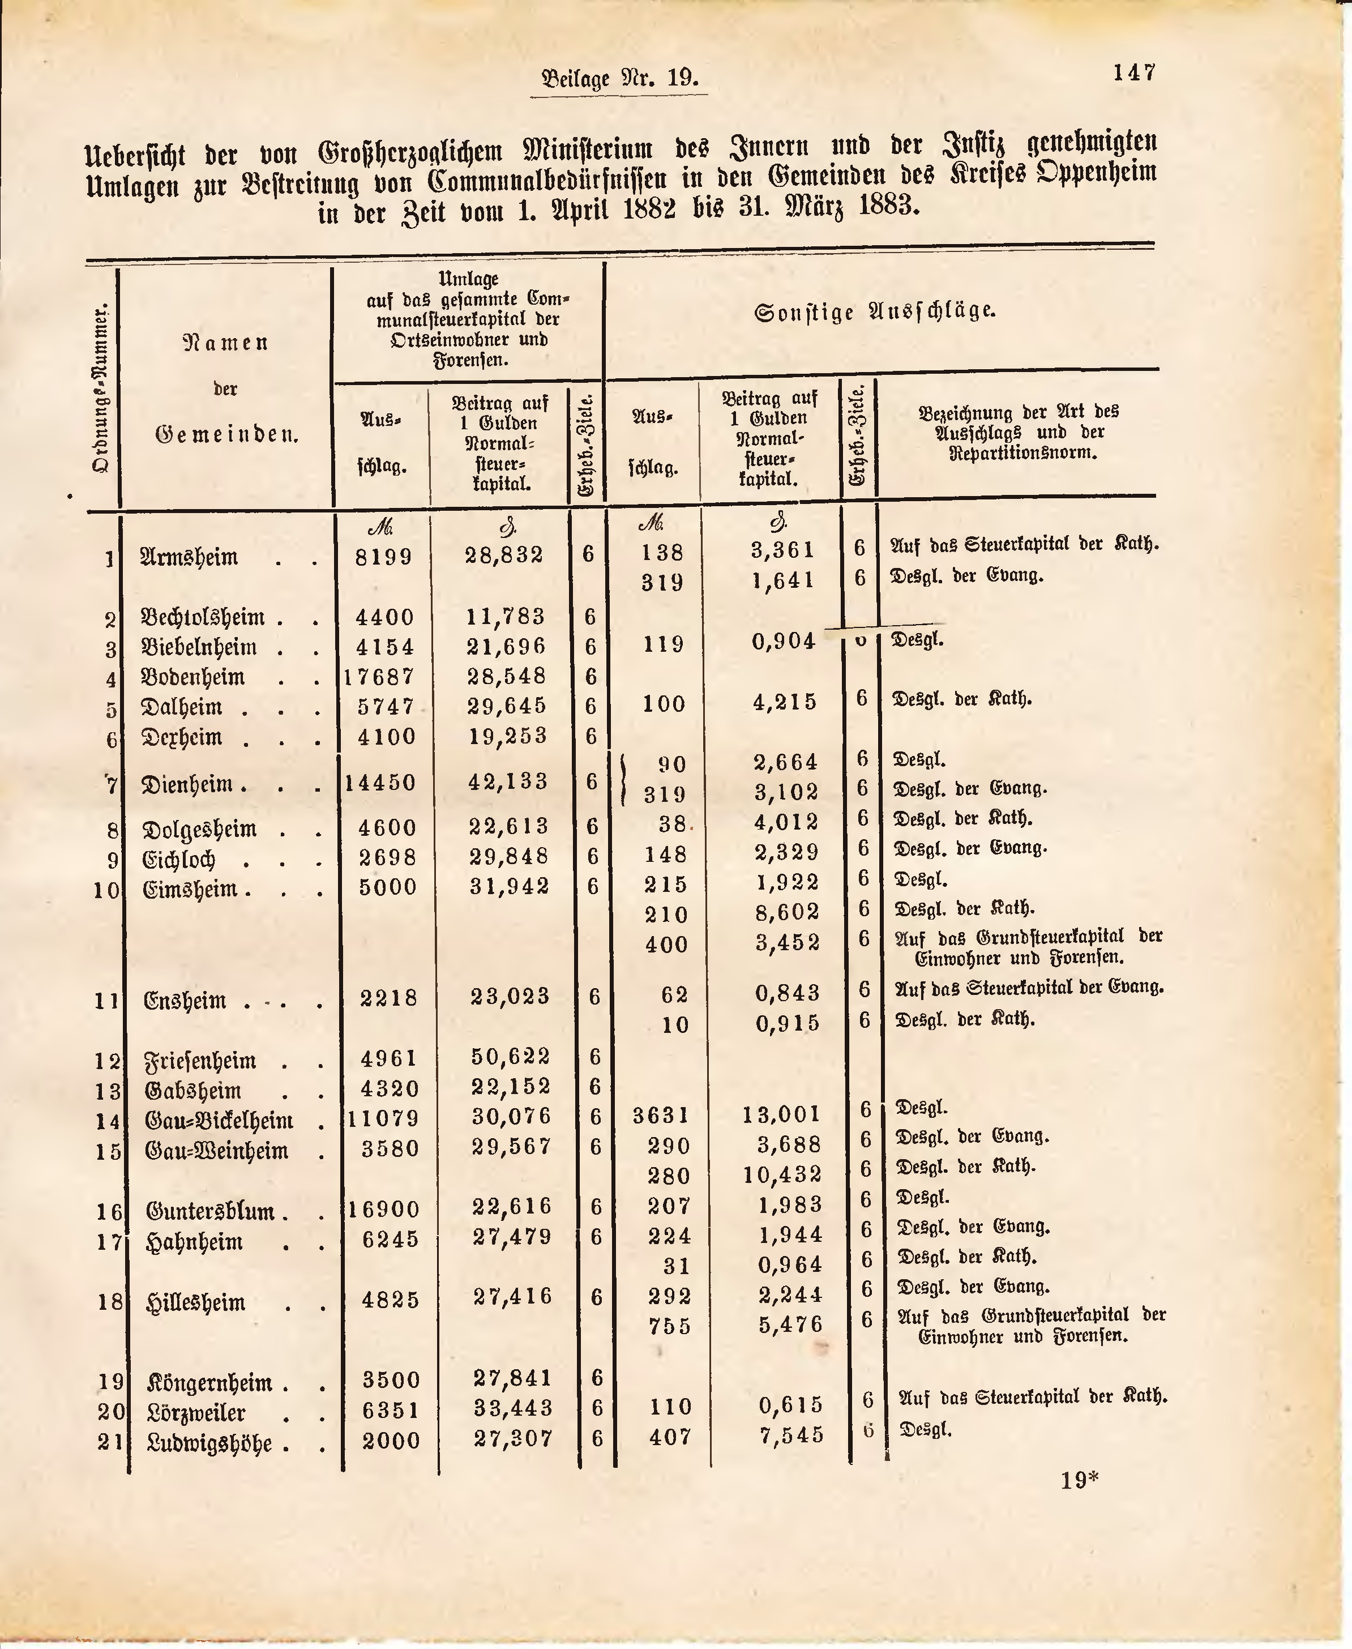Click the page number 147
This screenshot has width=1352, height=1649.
(1134, 72)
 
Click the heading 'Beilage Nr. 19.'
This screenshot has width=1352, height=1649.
(619, 79)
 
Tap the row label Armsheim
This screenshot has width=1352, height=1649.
(189, 557)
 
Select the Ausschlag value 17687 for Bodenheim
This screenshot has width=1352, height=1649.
(379, 677)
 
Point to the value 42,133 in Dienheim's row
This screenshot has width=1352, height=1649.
(508, 781)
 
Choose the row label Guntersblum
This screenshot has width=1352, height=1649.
(210, 1211)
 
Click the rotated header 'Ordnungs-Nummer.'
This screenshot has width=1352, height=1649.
(100, 390)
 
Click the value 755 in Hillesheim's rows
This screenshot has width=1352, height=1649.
(670, 1326)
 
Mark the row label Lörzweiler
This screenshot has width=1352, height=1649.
(196, 1412)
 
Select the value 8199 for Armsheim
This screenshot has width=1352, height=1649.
(383, 556)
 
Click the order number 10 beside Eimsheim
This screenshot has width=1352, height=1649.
(106, 890)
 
